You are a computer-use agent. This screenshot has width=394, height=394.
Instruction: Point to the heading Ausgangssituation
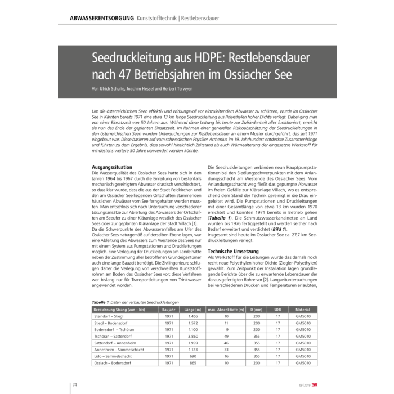pos(112,167)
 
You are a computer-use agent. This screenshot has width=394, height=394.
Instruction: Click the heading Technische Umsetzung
pos(234,251)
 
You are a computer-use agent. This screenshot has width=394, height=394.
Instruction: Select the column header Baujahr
pos(169,310)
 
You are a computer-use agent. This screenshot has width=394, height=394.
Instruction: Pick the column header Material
pos(303,310)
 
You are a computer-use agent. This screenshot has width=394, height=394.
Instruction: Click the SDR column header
pos(277,310)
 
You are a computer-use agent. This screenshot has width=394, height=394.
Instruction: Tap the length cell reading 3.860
pos(193,336)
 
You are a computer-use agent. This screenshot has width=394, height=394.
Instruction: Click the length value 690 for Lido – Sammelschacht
pos(193,357)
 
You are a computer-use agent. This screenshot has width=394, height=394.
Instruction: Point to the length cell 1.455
pos(193,317)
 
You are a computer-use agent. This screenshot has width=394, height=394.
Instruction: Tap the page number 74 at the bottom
pos(74,385)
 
